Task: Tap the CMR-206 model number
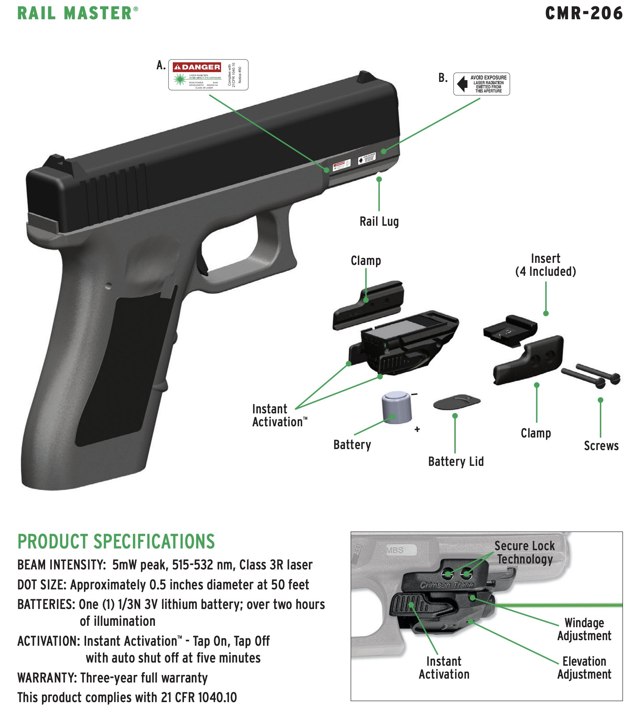point(584,13)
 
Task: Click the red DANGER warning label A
point(208,75)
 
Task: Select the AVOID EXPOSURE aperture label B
point(481,84)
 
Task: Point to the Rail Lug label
point(379,222)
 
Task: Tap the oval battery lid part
point(456,402)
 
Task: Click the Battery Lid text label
point(456,462)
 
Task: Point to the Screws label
point(601,446)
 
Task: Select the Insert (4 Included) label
point(545,265)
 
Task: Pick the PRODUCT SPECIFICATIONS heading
point(116,542)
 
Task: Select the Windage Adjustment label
point(584,629)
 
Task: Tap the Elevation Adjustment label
point(584,668)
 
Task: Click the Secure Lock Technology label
point(524,552)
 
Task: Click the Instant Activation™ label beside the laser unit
point(279,415)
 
